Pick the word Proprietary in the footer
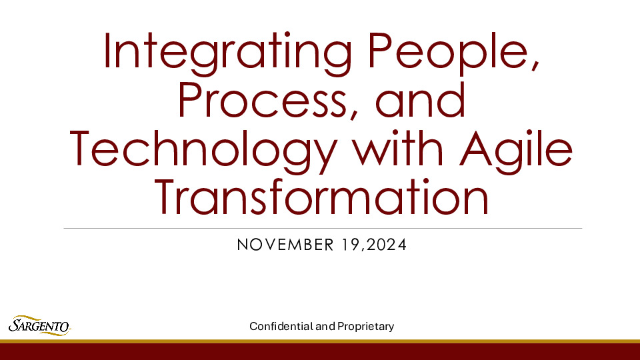pos(365,326)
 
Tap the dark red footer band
pos(320,351)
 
